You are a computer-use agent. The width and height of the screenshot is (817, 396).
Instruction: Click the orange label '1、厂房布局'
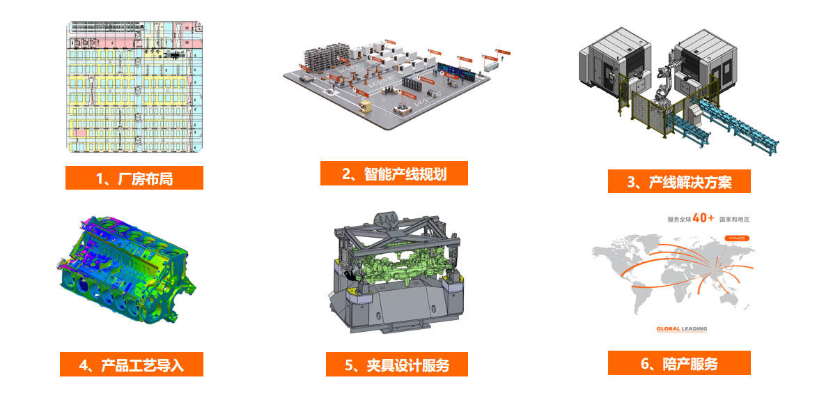[x=134, y=178]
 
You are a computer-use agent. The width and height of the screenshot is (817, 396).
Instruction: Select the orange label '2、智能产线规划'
[x=394, y=174]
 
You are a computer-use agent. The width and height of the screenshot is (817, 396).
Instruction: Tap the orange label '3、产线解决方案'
[x=679, y=182]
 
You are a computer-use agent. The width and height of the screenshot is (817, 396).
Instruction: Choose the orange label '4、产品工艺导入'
[x=131, y=364]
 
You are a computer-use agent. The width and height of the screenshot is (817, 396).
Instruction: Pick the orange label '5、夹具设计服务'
[x=397, y=364]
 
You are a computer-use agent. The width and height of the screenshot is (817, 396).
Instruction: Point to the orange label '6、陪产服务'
[x=679, y=363]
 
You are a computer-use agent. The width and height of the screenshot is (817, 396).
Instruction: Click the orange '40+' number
[x=701, y=218]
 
